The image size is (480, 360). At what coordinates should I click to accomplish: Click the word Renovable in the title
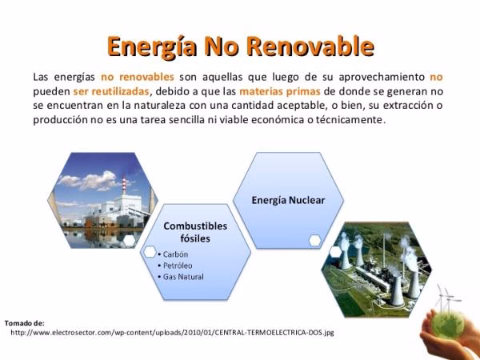coord(316,46)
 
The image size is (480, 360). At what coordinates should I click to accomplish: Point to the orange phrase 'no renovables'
coord(138,77)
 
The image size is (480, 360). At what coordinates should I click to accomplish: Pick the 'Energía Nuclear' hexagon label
coord(288,200)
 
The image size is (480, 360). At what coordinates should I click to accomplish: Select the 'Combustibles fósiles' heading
coord(195,232)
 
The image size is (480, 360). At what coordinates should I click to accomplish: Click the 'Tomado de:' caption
coord(24,322)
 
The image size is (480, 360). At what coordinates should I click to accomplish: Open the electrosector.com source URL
coord(172,331)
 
